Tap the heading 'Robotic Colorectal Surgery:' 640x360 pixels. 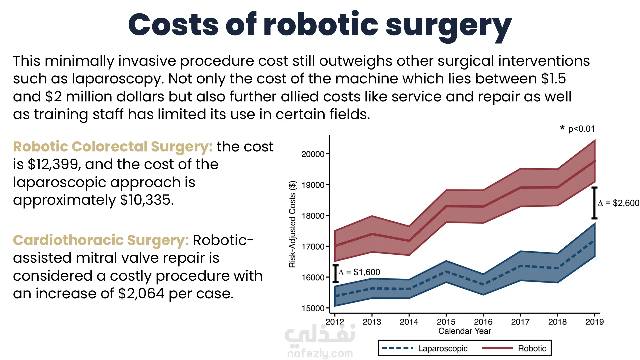tap(113, 147)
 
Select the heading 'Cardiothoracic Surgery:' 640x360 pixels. tap(101, 240)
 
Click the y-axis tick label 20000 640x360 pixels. tap(313, 154)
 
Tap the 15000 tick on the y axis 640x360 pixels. tap(313, 308)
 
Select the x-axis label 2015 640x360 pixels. tap(446, 322)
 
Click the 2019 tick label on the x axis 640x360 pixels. tap(594, 322)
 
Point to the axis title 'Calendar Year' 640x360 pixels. tap(464, 331)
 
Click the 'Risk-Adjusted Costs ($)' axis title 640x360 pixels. tap(292, 224)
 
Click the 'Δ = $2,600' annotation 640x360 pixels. tap(618, 203)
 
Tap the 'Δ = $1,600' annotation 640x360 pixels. tap(359, 272)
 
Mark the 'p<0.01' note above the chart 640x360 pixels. tap(581, 129)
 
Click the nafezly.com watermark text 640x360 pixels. tap(320, 353)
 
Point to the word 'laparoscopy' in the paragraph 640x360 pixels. tap(117, 79)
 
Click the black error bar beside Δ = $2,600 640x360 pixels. tap(594, 203)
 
